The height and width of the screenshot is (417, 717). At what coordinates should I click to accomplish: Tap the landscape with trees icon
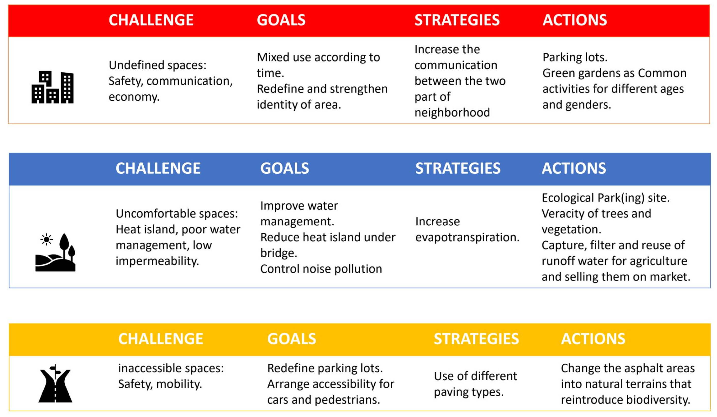55,252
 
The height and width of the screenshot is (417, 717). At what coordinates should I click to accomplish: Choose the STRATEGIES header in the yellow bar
476,339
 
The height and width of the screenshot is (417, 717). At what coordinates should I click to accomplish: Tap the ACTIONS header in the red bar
574,20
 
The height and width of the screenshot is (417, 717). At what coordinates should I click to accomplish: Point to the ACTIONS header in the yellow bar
593,339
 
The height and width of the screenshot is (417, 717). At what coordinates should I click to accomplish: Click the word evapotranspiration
467,237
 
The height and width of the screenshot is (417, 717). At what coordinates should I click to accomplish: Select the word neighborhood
452,112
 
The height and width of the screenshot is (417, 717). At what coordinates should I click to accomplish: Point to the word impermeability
157,261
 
